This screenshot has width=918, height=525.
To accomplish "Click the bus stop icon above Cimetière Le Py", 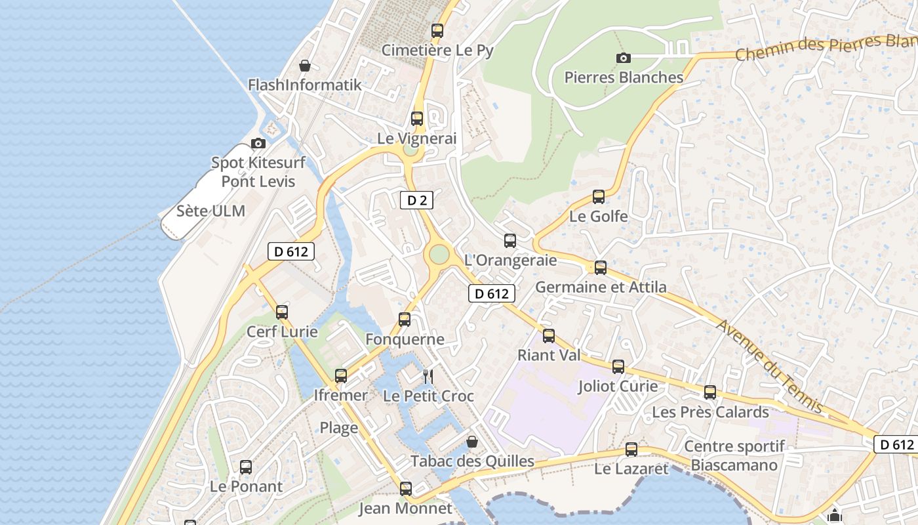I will (x=437, y=30).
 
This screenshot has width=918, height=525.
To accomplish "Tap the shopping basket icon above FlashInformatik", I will (x=305, y=66).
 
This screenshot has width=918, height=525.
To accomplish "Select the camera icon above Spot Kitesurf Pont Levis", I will (x=258, y=143).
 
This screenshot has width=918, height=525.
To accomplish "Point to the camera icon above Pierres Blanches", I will (x=624, y=58).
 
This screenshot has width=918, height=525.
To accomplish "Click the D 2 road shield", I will (x=416, y=200).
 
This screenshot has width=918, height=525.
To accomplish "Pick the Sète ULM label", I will (x=210, y=211).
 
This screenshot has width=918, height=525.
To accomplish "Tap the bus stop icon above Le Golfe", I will (x=599, y=196).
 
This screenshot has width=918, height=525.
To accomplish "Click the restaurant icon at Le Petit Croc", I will (x=428, y=376).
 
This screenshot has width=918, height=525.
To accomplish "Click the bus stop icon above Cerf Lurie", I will (x=282, y=312).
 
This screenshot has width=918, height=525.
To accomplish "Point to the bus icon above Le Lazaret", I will (x=631, y=449).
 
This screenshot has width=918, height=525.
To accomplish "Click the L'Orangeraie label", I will (x=510, y=260).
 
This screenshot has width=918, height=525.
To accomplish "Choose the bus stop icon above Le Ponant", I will (x=246, y=467).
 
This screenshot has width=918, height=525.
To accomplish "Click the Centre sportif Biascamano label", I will (x=734, y=456).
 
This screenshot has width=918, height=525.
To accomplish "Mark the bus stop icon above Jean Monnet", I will (x=406, y=488).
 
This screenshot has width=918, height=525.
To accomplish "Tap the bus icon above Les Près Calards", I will (x=710, y=392).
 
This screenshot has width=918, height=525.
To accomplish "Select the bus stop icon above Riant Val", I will (x=549, y=335).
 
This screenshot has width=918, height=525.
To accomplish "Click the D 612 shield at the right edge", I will (x=896, y=444).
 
